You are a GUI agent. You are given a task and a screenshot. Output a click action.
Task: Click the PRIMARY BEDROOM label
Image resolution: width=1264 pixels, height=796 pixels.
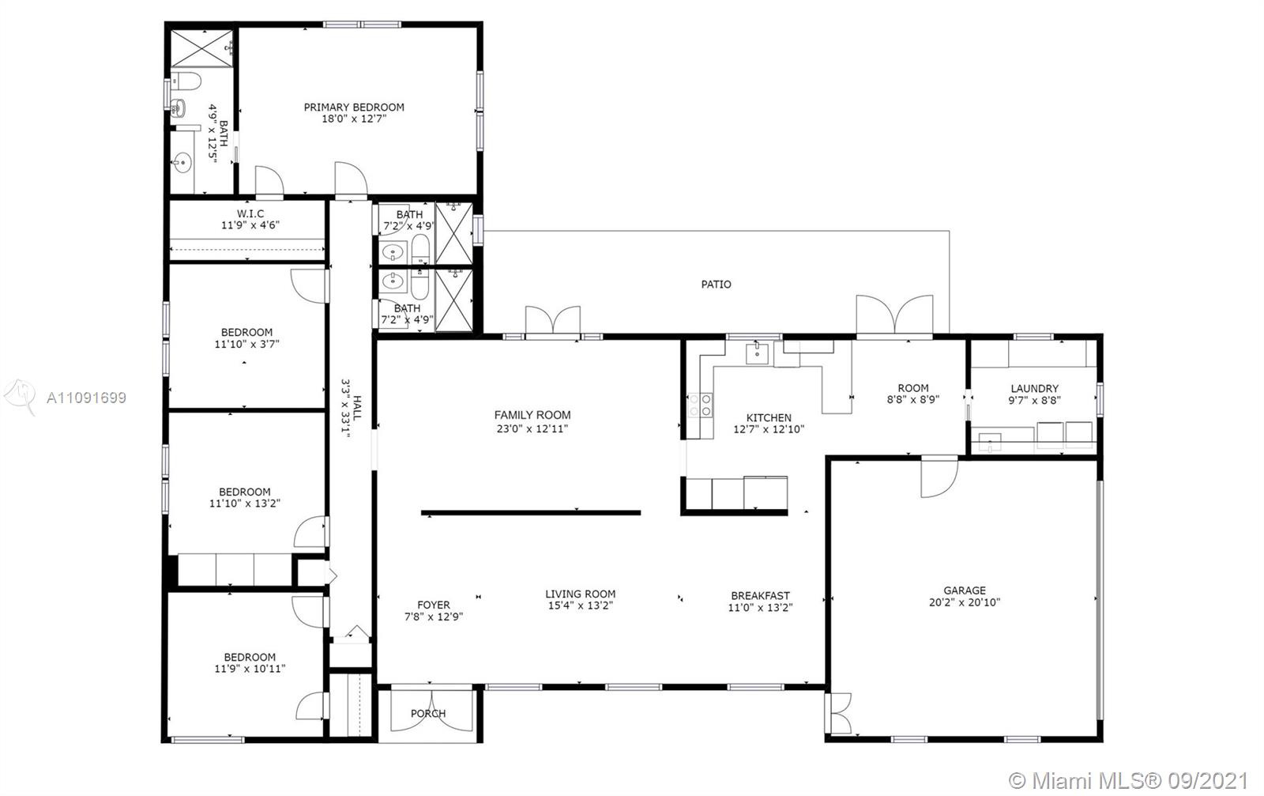coord(354,108)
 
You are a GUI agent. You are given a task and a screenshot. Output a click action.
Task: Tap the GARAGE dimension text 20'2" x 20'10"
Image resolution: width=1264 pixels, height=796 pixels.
coord(965,602)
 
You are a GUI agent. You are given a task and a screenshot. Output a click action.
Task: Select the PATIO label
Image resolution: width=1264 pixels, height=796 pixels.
coord(716,285)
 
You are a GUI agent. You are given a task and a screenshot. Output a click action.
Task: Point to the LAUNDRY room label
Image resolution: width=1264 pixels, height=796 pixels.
coord(1034,388)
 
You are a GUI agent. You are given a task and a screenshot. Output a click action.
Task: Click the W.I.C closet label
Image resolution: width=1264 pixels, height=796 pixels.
coord(250,213)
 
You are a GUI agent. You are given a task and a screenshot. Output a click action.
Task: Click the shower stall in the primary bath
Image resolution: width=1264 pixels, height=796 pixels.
coord(201,48)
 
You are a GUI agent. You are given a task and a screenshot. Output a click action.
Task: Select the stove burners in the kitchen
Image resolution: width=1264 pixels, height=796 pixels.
coord(700,406)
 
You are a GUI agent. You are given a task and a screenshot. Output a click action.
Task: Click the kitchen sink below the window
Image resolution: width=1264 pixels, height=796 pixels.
coord(757,353)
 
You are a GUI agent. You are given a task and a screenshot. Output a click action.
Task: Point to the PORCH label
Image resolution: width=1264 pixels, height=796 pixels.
coord(428,714)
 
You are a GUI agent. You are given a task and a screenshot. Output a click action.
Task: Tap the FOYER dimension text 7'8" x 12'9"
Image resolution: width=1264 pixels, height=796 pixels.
coord(434,617)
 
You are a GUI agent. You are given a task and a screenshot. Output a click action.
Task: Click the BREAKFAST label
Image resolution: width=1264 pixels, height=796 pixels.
coord(760,595)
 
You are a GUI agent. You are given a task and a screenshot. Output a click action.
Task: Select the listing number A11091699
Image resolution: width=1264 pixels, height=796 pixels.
coord(86,398)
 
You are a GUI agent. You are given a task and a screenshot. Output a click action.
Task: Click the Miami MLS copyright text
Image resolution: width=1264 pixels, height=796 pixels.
coord(1128,781)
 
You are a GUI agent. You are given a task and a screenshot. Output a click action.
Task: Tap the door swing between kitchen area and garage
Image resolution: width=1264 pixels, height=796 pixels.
coord(939,477)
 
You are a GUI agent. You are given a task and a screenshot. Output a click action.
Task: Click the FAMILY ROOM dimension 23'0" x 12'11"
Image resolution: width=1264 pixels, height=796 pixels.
coord(532,429)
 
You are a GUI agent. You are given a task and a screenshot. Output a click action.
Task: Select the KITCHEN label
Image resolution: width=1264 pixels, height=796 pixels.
coord(769,417)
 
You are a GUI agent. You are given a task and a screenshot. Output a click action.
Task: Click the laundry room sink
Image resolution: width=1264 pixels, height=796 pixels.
coord(989,442)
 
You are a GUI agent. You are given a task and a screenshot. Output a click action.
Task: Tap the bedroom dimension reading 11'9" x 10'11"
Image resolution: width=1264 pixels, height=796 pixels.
coord(250,669)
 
